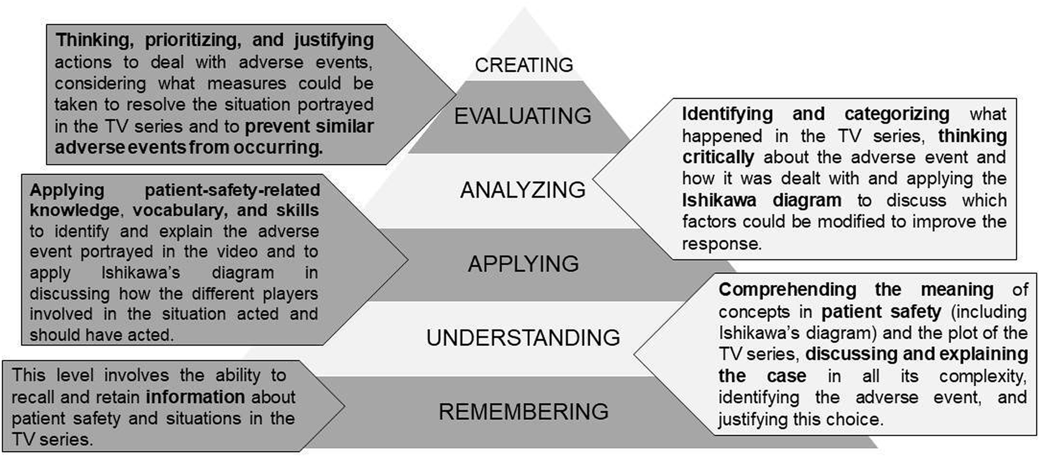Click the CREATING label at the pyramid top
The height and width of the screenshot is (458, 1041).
(524, 66)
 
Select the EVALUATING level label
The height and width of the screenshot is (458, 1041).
(523, 116)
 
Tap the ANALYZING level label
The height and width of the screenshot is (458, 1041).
(523, 190)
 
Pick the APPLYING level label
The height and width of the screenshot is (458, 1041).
(523, 264)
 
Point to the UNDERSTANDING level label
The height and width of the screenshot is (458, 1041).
(523, 338)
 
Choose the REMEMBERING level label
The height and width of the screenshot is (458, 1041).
(523, 412)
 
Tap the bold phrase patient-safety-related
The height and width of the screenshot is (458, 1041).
(232, 190)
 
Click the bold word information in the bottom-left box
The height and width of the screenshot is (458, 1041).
(195, 397)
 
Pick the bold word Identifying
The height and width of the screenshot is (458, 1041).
(727, 114)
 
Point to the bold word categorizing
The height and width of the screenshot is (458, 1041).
(896, 114)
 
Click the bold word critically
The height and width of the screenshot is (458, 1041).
(718, 157)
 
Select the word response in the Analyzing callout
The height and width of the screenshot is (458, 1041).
(721, 244)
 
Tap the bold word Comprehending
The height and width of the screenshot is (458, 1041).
(787, 290)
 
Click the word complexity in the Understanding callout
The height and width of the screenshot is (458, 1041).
(982, 376)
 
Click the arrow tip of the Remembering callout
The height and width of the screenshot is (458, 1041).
(344, 405)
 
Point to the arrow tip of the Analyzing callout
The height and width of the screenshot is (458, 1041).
(594, 180)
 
